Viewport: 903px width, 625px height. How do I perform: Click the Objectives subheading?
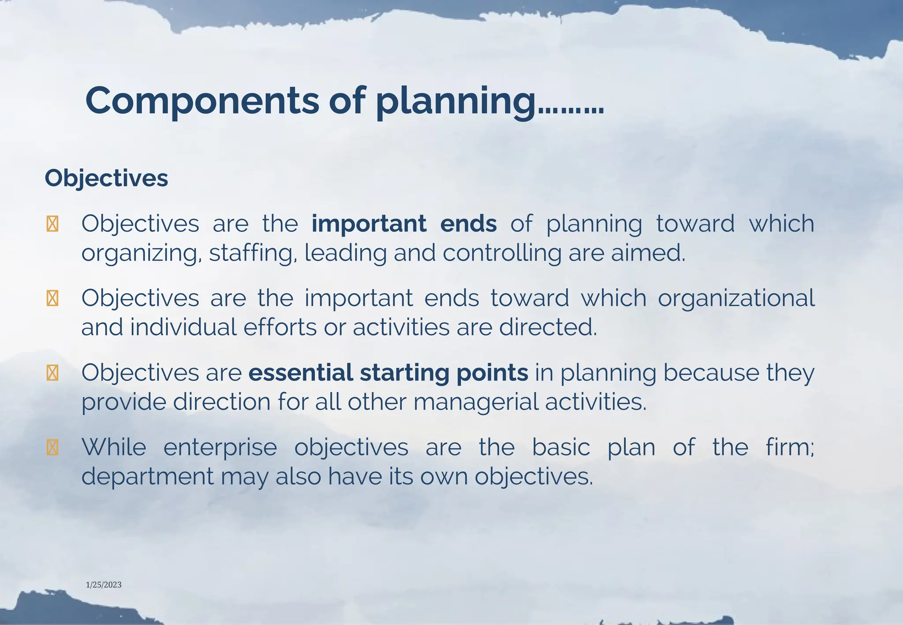point(106,179)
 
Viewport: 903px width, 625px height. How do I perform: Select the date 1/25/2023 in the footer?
point(104,585)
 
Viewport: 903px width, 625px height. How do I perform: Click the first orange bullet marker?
point(52,224)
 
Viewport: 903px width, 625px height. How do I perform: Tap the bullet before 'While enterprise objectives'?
point(52,448)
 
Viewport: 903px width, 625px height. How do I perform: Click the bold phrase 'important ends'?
point(404,223)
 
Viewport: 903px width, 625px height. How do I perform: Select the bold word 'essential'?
point(300,372)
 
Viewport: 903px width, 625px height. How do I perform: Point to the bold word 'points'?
point(492,372)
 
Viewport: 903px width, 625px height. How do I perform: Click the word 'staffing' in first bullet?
point(251,253)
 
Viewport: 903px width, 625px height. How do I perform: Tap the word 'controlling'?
point(502,253)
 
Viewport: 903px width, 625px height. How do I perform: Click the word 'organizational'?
point(736,298)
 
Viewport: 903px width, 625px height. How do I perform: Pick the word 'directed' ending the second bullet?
point(548,327)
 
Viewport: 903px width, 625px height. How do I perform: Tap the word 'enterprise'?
point(220,447)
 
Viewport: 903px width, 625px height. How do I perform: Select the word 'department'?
point(147,477)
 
